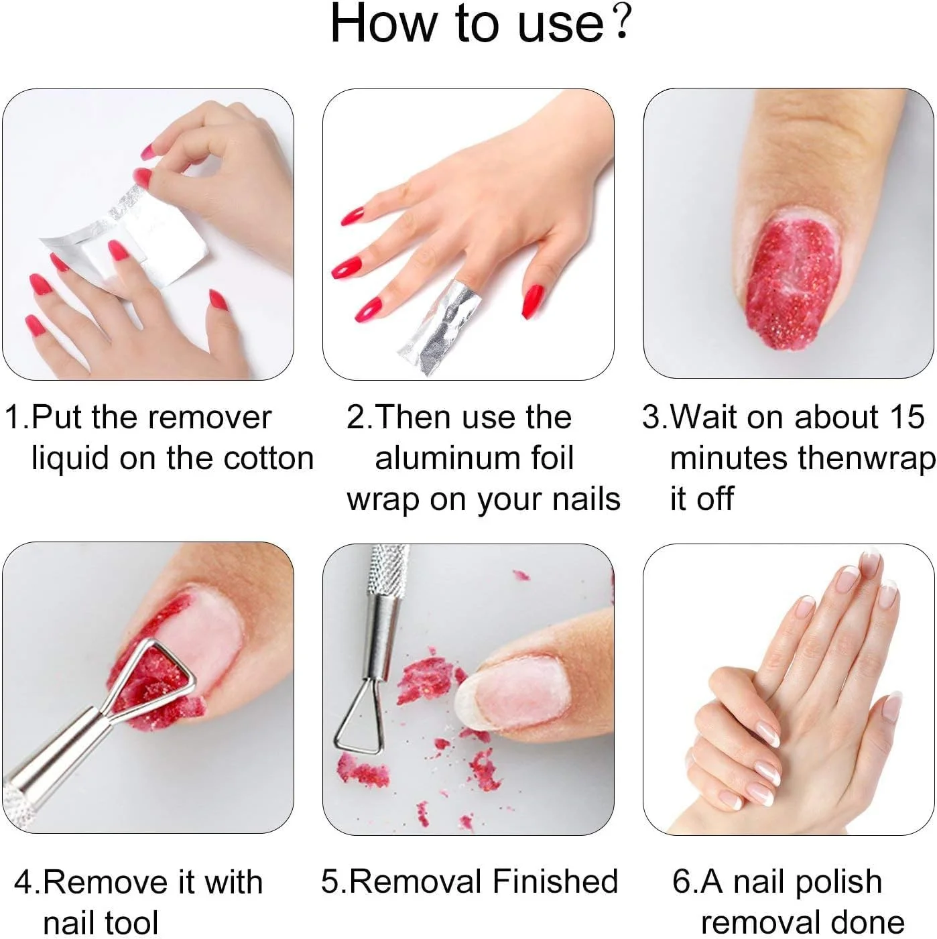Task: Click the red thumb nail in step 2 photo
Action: (x=532, y=302)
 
